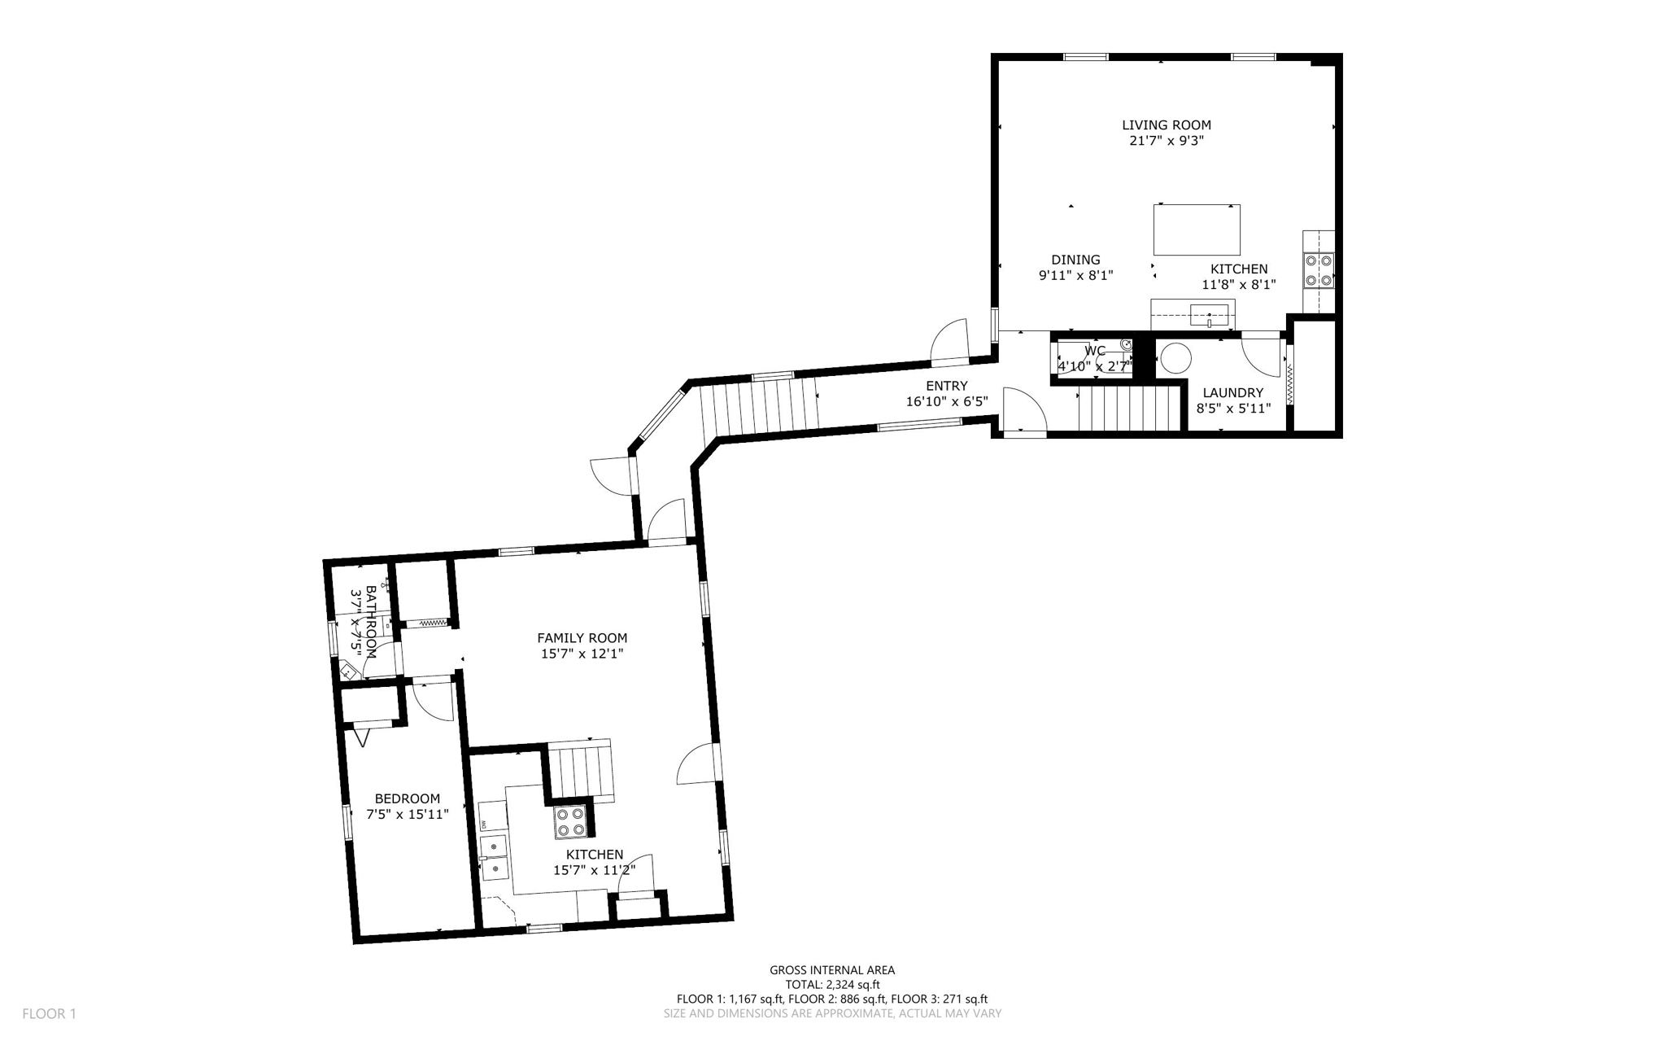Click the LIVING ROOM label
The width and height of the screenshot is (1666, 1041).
[1166, 125]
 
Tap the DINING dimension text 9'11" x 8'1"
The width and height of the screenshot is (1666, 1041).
[1075, 276]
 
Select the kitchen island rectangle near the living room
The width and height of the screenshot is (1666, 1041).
[1197, 230]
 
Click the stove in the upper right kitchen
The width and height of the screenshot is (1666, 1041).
[1319, 271]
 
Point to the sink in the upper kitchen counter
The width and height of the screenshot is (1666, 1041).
[1209, 315]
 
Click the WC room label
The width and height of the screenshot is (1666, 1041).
[1095, 351]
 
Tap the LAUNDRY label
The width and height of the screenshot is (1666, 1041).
[1232, 392]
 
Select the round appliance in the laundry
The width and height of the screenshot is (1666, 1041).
[1175, 358]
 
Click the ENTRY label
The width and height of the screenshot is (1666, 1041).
[946, 386]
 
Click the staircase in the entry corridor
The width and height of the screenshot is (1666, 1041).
[758, 408]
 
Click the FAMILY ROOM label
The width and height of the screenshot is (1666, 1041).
[582, 638]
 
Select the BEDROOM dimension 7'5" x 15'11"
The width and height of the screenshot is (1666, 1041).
[407, 814]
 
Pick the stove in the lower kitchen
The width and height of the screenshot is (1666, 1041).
[569, 821]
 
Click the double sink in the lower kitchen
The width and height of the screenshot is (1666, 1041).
[494, 858]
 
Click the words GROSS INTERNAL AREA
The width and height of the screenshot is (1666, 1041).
[831, 970]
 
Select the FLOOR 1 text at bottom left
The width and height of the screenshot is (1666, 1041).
[49, 1014]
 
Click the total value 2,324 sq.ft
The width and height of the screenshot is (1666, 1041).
[852, 985]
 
